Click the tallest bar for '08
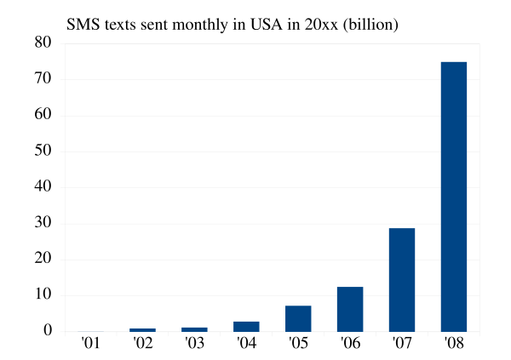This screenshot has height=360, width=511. coord(454,197)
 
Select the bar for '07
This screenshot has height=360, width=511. coord(402,280)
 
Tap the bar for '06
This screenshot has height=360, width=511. coord(350,309)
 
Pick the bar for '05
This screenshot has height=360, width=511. coord(298,318)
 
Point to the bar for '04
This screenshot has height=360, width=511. coord(246,326)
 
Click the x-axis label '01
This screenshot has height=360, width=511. coord(90,345)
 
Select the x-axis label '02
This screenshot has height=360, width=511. coord(142,345)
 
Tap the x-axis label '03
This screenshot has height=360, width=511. coord(194,345)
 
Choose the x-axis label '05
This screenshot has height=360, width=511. coord(298,345)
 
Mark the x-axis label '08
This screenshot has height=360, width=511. coord(454,345)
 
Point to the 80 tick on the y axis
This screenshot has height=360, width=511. coord(43,43)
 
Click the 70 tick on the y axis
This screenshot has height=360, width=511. coord(43,79)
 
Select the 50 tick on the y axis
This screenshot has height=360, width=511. coord(43,151)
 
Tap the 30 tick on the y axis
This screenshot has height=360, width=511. coord(43,224)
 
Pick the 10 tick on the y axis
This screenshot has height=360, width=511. coord(43,295)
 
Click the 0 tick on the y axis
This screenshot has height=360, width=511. coord(48,332)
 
